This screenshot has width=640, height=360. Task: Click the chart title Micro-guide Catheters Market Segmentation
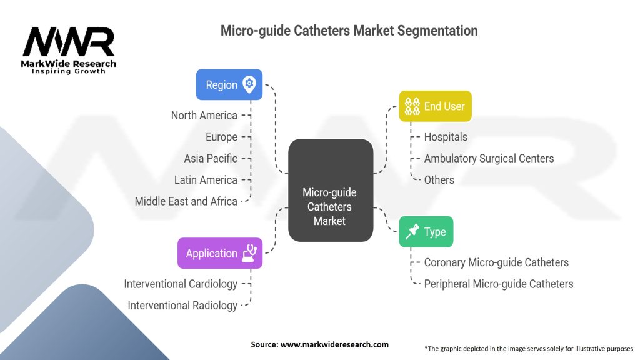(349, 31)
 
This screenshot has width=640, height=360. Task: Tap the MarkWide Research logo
(69, 50)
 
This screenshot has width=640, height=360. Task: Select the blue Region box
(229, 85)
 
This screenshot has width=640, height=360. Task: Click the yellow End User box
(435, 106)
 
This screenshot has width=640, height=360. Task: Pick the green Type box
(427, 232)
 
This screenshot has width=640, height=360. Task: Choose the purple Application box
(219, 253)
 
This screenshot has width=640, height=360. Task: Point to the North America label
(204, 115)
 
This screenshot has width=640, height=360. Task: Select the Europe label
(221, 137)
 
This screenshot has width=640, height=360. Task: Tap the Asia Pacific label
(211, 158)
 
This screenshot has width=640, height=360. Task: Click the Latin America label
(206, 180)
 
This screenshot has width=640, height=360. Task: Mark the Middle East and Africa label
(186, 201)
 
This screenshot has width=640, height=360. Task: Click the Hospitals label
(446, 137)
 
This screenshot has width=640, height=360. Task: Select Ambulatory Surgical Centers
(489, 158)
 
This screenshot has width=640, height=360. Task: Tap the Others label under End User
(439, 180)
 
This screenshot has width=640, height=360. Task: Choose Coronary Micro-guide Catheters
(496, 262)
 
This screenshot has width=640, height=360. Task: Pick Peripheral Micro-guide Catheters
(498, 284)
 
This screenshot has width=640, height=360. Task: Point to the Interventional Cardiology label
(181, 284)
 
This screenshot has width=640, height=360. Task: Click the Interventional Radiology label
(182, 305)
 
